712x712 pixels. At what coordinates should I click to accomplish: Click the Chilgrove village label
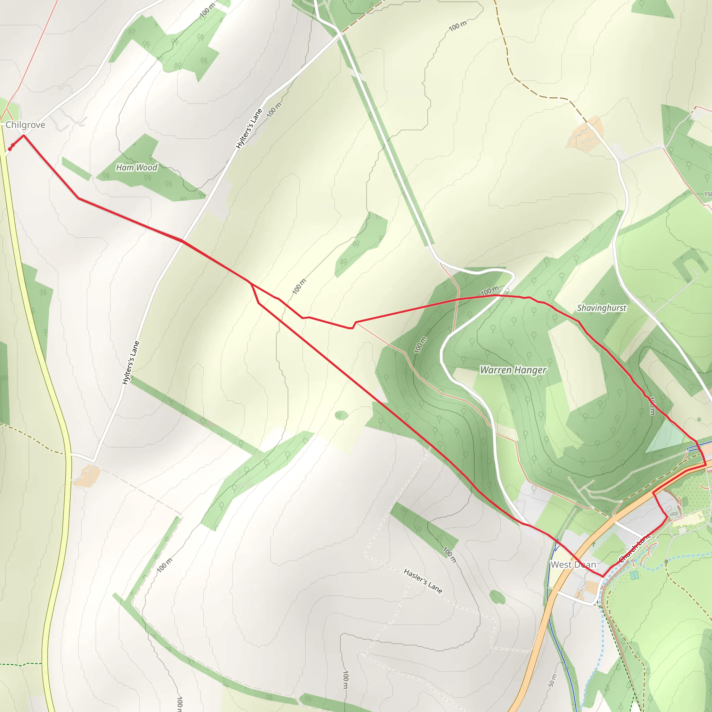click(25, 125)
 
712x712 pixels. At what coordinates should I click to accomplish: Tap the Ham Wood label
click(136, 168)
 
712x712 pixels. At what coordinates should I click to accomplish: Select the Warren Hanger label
click(513, 370)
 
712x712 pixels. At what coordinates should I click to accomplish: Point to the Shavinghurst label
click(601, 308)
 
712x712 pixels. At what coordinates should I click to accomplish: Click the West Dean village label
click(573, 565)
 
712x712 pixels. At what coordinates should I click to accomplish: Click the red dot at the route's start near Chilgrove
click(10, 149)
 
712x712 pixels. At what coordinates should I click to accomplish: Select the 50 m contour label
click(552, 681)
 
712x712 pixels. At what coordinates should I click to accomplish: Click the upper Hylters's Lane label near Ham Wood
click(249, 129)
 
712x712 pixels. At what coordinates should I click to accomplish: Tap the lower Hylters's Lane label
click(131, 363)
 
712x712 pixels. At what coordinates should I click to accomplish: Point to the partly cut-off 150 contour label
click(707, 194)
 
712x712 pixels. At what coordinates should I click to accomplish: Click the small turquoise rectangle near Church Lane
click(634, 575)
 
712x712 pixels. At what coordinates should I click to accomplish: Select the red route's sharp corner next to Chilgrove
click(24, 135)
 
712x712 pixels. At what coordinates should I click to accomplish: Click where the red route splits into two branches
click(251, 284)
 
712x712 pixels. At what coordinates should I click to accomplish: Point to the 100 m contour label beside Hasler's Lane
click(450, 555)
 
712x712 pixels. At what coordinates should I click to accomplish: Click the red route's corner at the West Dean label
click(603, 577)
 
